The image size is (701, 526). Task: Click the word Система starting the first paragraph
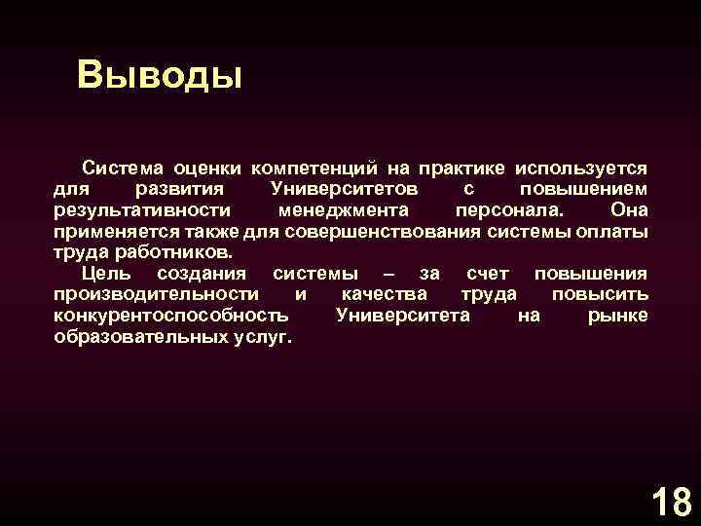tap(124, 168)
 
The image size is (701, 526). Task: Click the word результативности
tap(142, 209)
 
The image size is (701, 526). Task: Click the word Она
tap(628, 209)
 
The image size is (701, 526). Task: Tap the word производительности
tap(156, 294)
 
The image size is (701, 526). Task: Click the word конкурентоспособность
tap(171, 316)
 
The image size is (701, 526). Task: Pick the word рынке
tap(617, 316)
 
